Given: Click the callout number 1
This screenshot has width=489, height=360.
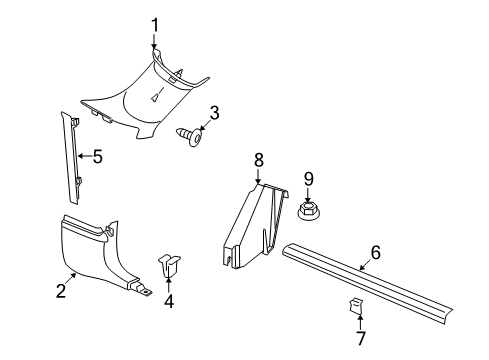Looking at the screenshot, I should coord(155,24).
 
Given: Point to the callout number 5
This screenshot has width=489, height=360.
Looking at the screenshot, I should coord(97,155).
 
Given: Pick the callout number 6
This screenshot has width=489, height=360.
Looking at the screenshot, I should coord(375,253).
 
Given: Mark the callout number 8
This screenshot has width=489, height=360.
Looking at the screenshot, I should coord(258,159).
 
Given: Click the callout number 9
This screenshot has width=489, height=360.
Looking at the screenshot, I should coord(309,178).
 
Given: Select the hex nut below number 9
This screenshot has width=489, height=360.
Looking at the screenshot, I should coord(309,211).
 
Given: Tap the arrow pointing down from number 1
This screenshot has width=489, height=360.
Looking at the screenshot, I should coord(155,44).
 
